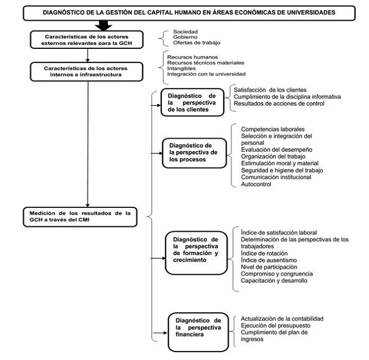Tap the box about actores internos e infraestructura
[87, 72]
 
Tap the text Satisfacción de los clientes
[270, 90]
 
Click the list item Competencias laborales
[272, 129]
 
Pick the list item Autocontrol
[256, 184]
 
